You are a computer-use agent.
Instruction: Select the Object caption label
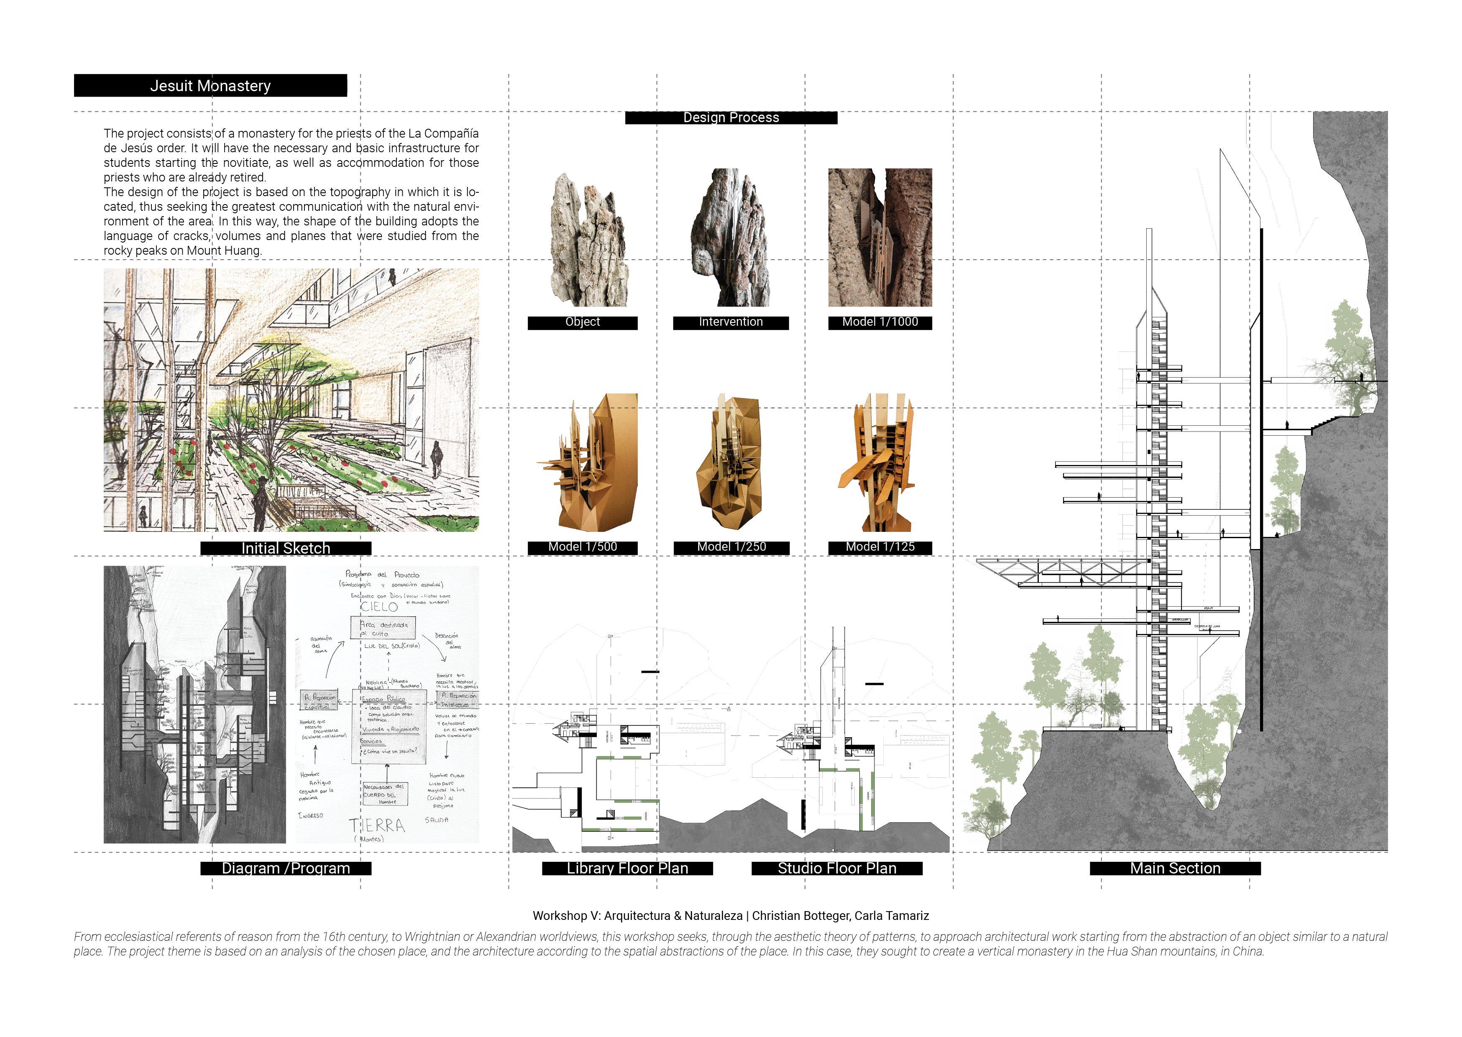coord(582,322)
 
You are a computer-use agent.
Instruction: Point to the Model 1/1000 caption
coord(880,322)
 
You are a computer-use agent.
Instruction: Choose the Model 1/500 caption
coord(582,547)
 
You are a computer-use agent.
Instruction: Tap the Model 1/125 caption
coord(880,547)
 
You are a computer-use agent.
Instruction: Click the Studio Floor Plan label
coord(836,868)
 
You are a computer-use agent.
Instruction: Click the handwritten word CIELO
coord(379,607)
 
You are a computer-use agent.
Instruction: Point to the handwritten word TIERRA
coord(377,826)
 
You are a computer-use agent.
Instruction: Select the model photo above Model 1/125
coord(880,462)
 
